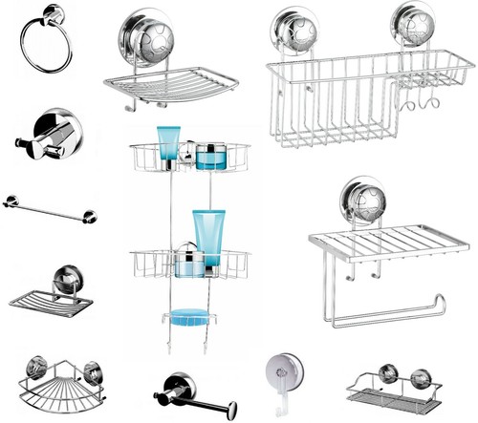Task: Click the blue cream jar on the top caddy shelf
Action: (x=211, y=155)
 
